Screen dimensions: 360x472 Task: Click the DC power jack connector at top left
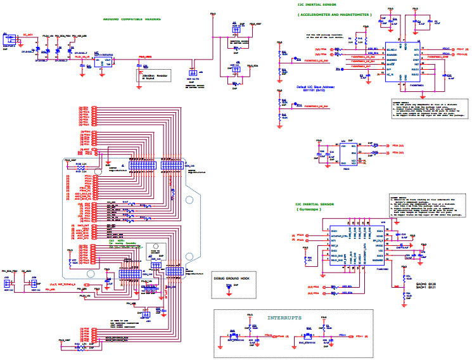click(10, 39)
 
